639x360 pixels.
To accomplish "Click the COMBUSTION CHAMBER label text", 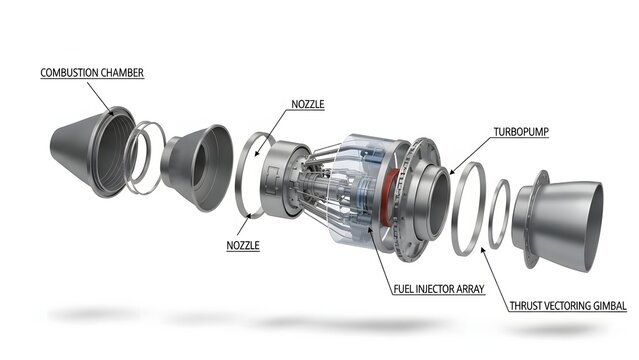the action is (x=92, y=73).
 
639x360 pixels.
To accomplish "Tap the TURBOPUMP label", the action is (x=521, y=132).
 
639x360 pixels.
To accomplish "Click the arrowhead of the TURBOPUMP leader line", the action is (x=452, y=173).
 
